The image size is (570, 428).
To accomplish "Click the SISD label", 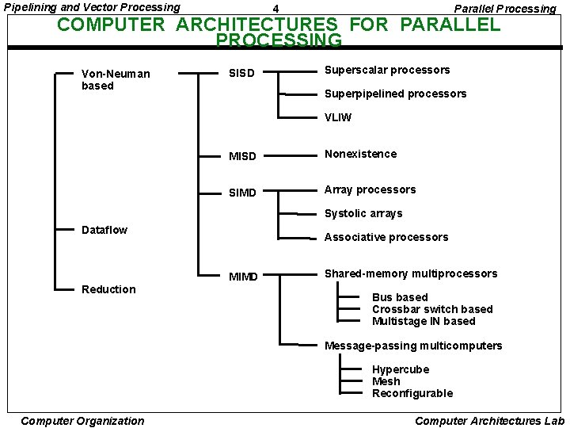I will click(x=241, y=74).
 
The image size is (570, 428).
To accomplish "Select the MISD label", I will click(x=242, y=156).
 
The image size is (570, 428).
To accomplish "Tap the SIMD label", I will click(x=242, y=193).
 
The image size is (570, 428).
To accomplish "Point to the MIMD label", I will click(x=243, y=277).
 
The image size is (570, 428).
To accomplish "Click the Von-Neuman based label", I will click(x=116, y=79).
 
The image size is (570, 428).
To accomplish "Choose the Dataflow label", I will click(x=104, y=230).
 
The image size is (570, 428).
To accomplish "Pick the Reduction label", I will click(x=108, y=289).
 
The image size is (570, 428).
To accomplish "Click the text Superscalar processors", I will click(x=387, y=70).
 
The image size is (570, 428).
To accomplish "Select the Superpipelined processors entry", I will click(x=395, y=94).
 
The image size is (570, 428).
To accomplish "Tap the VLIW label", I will click(x=338, y=117).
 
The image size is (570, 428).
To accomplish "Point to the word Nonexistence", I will click(x=360, y=154).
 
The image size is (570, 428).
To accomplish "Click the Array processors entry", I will click(x=370, y=189).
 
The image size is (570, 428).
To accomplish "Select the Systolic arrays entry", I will click(x=363, y=213).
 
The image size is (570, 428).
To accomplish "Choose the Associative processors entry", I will click(x=386, y=237).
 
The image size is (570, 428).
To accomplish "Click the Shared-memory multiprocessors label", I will click(x=411, y=273).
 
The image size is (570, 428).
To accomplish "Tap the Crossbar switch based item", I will click(x=432, y=309).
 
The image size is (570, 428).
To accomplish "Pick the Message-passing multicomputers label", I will click(x=413, y=346).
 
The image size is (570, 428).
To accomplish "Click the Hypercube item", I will click(x=401, y=369).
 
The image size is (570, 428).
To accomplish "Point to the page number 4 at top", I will click(x=275, y=9).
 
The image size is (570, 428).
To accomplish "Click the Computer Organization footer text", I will click(x=82, y=421).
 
